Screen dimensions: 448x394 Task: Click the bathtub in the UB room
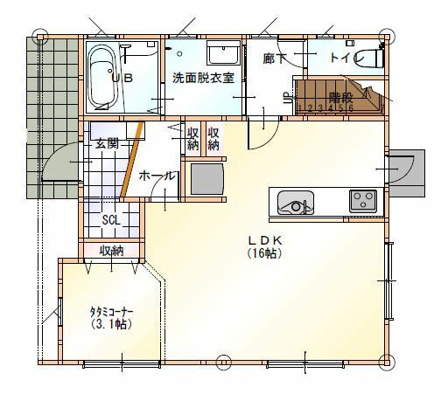point(101,77)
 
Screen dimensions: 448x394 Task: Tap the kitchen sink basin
point(296,203)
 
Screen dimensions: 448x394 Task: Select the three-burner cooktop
point(363,201)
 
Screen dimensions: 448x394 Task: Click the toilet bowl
point(368,59)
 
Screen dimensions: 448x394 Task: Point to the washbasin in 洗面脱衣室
point(223,52)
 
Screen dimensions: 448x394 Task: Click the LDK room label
point(265,240)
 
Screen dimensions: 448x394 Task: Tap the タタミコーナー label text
point(111,312)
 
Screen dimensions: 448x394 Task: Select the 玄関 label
point(108,143)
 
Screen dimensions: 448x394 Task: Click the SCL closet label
point(111,220)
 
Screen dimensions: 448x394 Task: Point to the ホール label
point(157,176)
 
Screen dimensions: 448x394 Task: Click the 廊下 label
point(274,59)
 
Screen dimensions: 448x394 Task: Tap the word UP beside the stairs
point(288,98)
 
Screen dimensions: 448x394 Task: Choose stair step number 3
point(320,108)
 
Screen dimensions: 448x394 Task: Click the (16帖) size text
point(265,253)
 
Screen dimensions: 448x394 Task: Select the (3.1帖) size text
point(111,324)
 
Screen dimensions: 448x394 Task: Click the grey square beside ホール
point(207,179)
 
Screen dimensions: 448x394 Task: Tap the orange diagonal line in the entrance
point(132,159)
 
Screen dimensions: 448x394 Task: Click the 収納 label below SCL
point(111,251)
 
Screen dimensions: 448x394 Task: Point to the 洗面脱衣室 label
point(203,78)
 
